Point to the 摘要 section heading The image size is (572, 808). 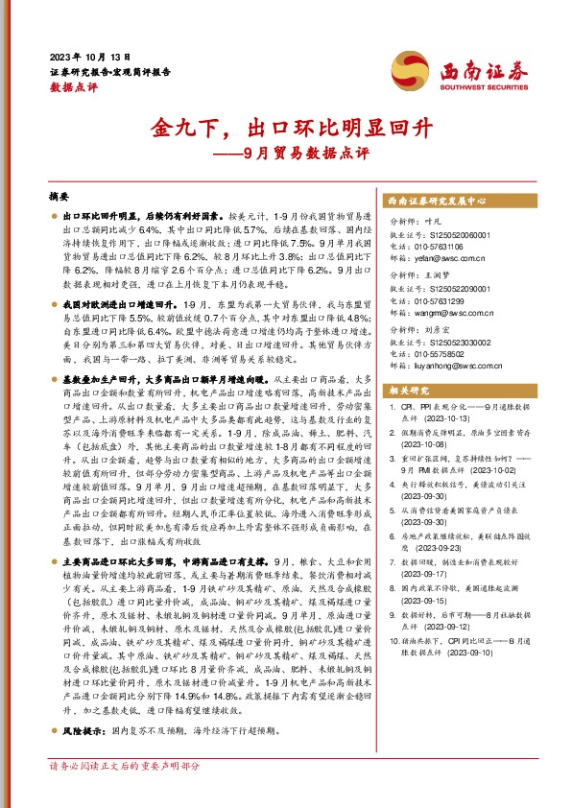point(60,195)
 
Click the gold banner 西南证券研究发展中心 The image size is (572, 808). point(438,202)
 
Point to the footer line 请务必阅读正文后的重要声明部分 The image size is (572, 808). point(124,793)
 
